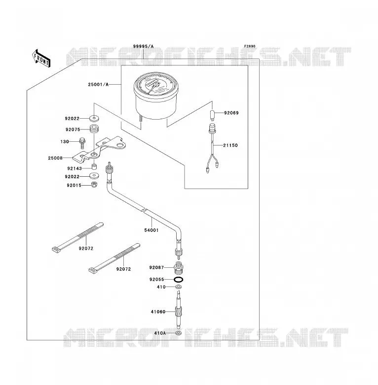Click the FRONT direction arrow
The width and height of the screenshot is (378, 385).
[x=41, y=59]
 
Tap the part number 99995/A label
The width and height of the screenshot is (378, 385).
[x=143, y=46]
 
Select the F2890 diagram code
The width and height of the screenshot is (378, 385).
[x=250, y=46]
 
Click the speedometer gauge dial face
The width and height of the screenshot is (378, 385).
[x=156, y=84]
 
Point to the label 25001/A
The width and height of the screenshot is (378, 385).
[x=98, y=85]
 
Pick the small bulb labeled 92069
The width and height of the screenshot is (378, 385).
[x=212, y=115]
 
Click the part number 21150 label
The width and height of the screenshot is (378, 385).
[x=230, y=145]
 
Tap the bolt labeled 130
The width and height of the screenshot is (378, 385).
[x=82, y=143]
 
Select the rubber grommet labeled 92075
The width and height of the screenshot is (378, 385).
[x=94, y=129]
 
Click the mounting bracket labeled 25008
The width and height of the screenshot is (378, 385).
[x=100, y=150]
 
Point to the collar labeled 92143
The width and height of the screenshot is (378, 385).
[x=94, y=167]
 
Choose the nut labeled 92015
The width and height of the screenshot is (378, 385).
[x=94, y=185]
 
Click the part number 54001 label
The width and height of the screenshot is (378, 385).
[x=151, y=230]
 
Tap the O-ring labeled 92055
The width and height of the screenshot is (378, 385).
[x=179, y=280]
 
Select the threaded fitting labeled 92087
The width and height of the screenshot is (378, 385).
[x=179, y=268]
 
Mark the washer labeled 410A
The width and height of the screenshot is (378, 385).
[x=179, y=333]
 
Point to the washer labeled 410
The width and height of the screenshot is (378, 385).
[x=179, y=287]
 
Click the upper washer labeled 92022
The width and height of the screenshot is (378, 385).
[x=94, y=118]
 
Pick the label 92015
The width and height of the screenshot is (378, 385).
[x=74, y=186]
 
